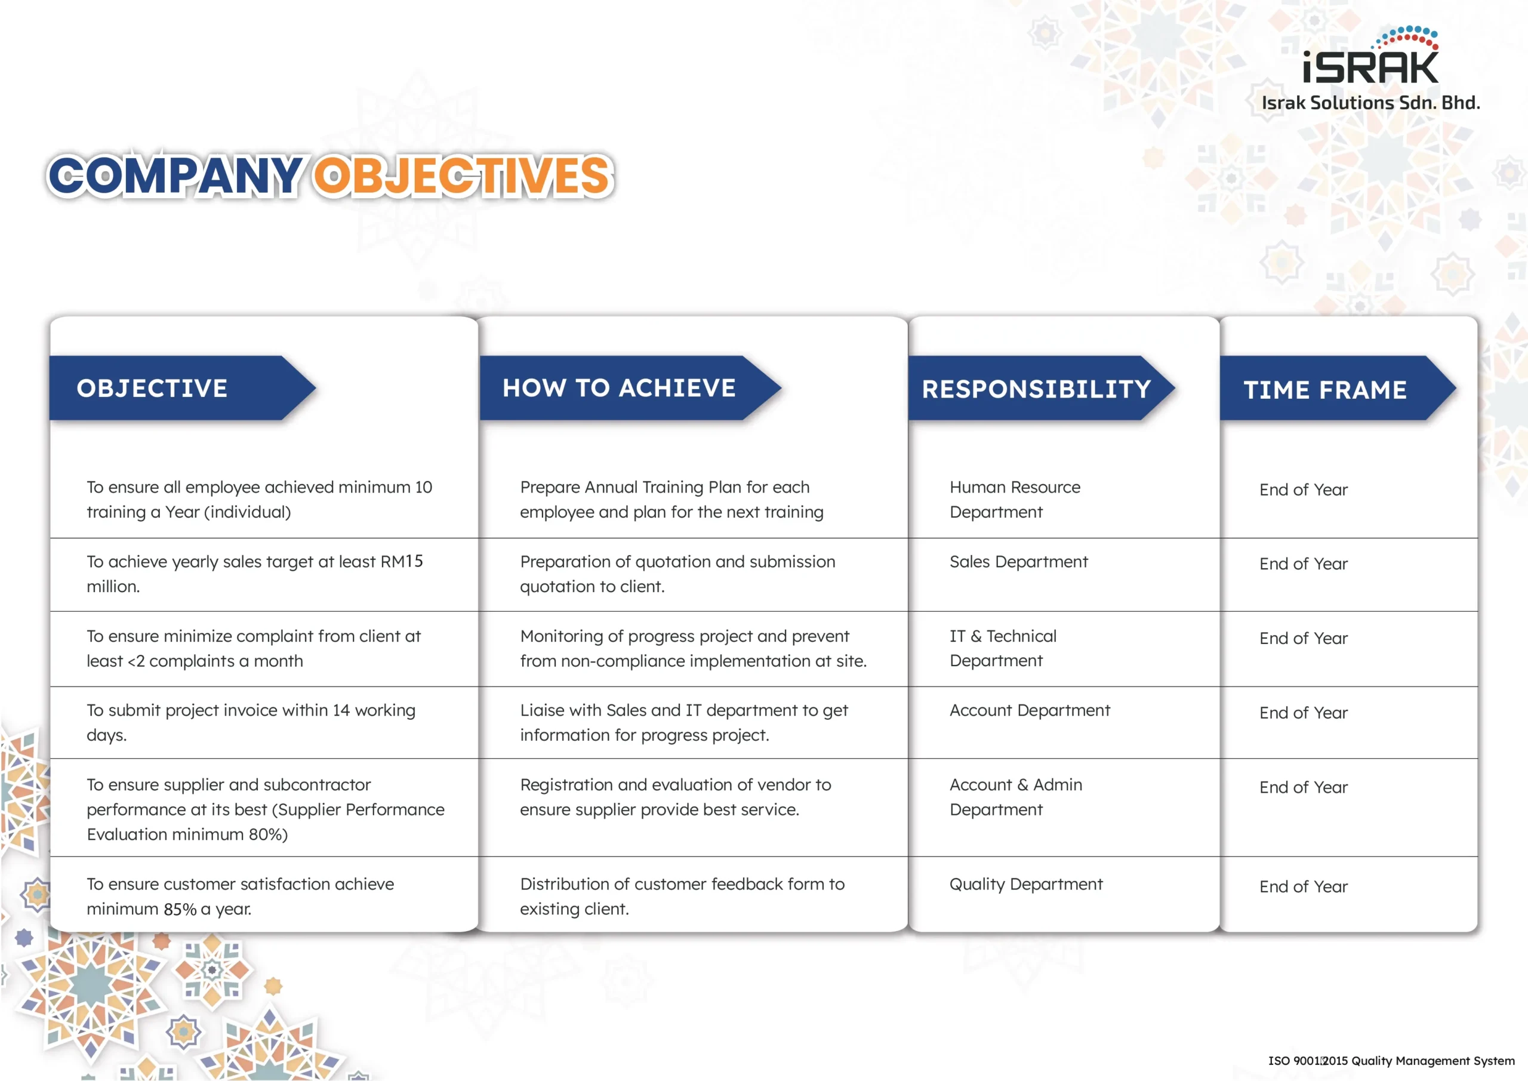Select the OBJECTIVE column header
click(x=152, y=388)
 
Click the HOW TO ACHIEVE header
click(x=619, y=388)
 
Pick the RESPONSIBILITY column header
click(x=1036, y=389)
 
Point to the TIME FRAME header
click(x=1325, y=390)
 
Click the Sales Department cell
click(x=1018, y=562)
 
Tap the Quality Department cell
click(x=1025, y=884)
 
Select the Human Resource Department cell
click(x=1015, y=499)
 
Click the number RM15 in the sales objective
click(x=401, y=561)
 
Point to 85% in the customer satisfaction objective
click(x=180, y=908)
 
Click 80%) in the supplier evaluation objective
click(x=267, y=834)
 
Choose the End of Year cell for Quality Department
click(x=1303, y=886)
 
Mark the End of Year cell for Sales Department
click(x=1303, y=564)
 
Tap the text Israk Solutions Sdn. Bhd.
click(x=1371, y=103)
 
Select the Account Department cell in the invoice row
click(x=1030, y=710)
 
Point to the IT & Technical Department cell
click(x=1003, y=648)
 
